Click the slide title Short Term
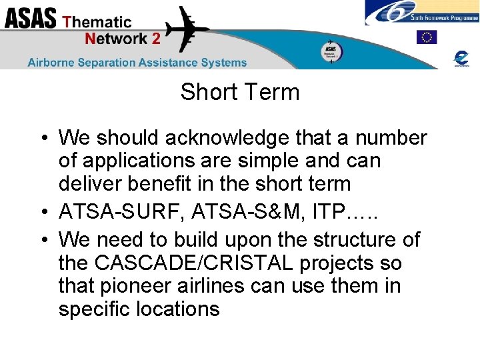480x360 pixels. pos(239,92)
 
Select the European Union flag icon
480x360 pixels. pos(426,37)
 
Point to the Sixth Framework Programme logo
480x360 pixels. pos(421,13)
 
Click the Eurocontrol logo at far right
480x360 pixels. pos(461,57)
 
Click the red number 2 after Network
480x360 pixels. pos(156,39)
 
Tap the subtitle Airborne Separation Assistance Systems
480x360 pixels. pos(137,63)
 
